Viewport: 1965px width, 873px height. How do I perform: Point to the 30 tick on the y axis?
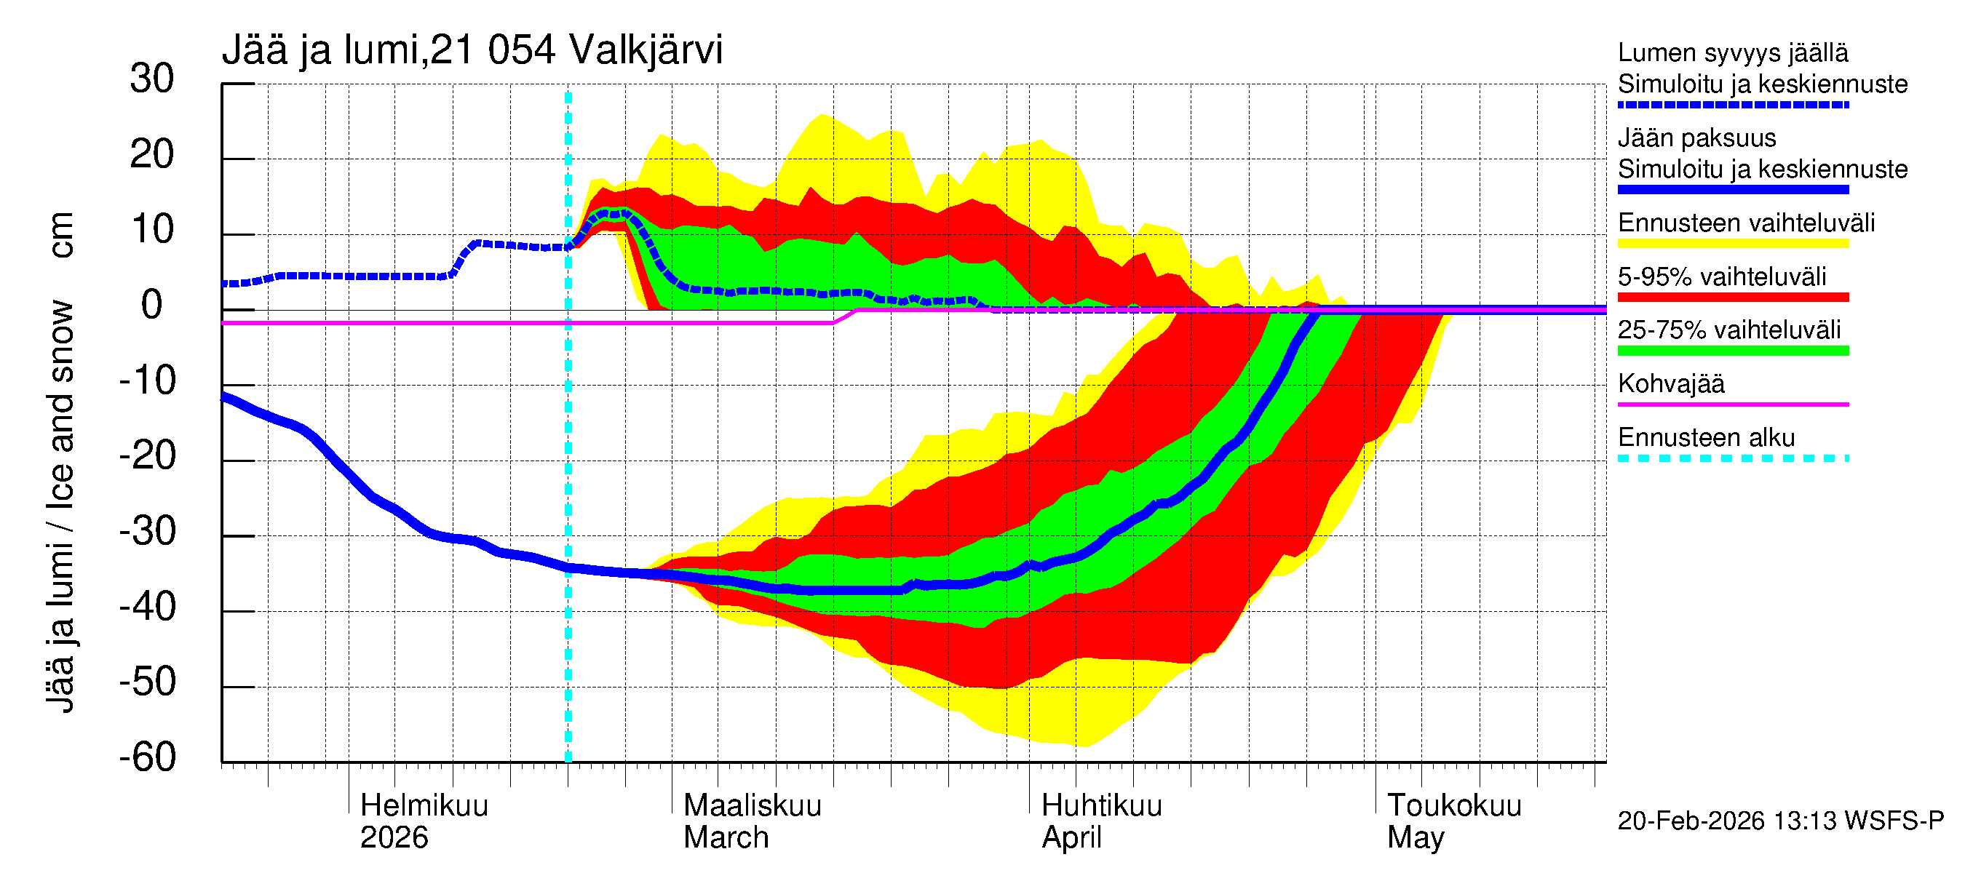click(x=152, y=79)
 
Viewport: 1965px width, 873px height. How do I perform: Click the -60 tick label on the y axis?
click(x=147, y=758)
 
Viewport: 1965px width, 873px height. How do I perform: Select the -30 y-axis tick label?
click(x=147, y=531)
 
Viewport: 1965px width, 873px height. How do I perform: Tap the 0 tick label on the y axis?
click(x=152, y=306)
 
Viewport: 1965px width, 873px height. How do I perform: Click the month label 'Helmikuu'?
click(x=424, y=806)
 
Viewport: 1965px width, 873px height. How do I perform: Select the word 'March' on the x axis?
click(x=726, y=838)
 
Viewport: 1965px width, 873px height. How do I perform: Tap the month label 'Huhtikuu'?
click(x=1102, y=806)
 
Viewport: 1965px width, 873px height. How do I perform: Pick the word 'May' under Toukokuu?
click(x=1416, y=838)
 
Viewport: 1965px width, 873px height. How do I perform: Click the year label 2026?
click(x=394, y=838)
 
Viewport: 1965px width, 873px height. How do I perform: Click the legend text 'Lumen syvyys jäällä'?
click(x=1733, y=53)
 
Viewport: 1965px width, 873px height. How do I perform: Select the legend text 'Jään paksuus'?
click(x=1697, y=139)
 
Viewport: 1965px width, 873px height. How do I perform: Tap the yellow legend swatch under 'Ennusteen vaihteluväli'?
click(x=1733, y=244)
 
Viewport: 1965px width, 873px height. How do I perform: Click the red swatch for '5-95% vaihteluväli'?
click(x=1733, y=298)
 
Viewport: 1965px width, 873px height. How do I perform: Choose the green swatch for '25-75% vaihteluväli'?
click(x=1733, y=351)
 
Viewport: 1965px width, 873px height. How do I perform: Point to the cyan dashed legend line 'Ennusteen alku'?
click(x=1733, y=459)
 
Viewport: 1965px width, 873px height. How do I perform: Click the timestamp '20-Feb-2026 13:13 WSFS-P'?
click(x=1780, y=821)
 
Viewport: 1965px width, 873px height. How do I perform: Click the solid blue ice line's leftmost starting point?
click(x=223, y=396)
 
